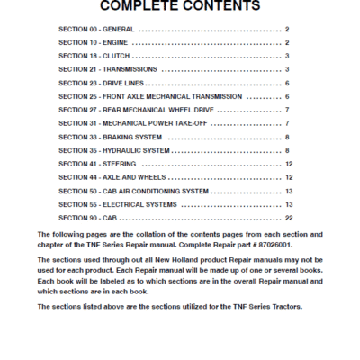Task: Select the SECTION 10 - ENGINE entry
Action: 91,42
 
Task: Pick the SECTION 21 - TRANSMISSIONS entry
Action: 107,69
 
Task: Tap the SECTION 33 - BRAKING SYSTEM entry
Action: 110,137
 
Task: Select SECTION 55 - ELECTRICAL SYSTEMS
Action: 117,204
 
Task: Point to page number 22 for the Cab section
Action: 287,218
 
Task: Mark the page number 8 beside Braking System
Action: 287,137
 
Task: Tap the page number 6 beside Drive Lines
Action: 287,83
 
